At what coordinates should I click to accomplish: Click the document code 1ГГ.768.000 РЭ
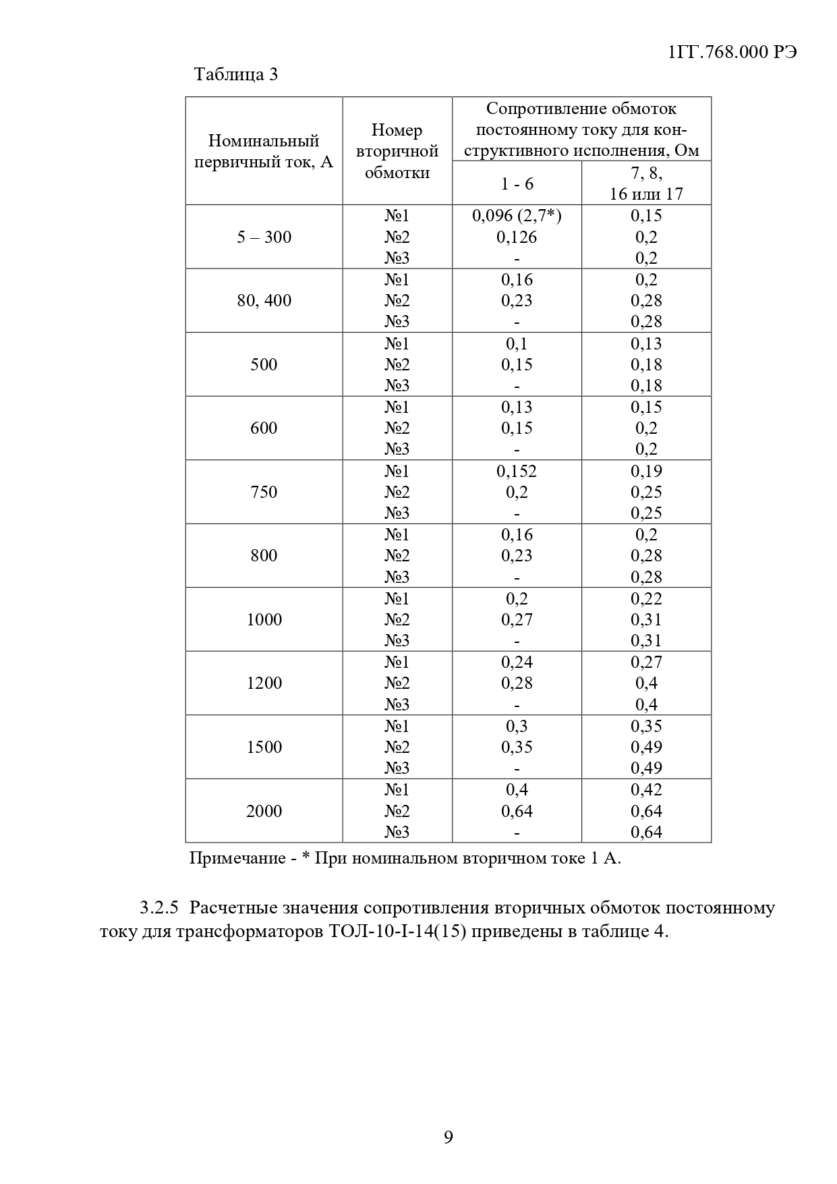pyautogui.click(x=732, y=53)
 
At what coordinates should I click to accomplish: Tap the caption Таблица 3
pyautogui.click(x=235, y=74)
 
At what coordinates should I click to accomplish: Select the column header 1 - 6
pyautogui.click(x=517, y=184)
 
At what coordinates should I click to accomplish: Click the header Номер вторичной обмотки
pyautogui.click(x=397, y=151)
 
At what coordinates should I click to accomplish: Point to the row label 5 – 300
pyautogui.click(x=264, y=237)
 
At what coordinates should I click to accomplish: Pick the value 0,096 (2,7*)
pyautogui.click(x=517, y=216)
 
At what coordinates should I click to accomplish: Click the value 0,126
pyautogui.click(x=517, y=237)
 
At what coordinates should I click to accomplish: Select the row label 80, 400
pyautogui.click(x=264, y=300)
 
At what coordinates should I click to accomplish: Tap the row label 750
pyautogui.click(x=264, y=492)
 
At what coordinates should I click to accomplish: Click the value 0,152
pyautogui.click(x=517, y=471)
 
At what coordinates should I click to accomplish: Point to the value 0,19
pyautogui.click(x=646, y=471)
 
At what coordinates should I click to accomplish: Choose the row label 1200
pyautogui.click(x=264, y=683)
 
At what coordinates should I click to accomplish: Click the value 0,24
pyautogui.click(x=517, y=662)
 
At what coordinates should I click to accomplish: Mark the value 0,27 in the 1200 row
pyautogui.click(x=646, y=662)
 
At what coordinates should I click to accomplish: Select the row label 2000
pyautogui.click(x=264, y=811)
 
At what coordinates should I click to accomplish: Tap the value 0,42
pyautogui.click(x=646, y=789)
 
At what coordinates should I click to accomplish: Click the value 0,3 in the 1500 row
pyautogui.click(x=517, y=726)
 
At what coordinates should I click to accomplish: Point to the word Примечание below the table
pyautogui.click(x=237, y=859)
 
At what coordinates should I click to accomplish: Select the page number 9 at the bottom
pyautogui.click(x=449, y=1138)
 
